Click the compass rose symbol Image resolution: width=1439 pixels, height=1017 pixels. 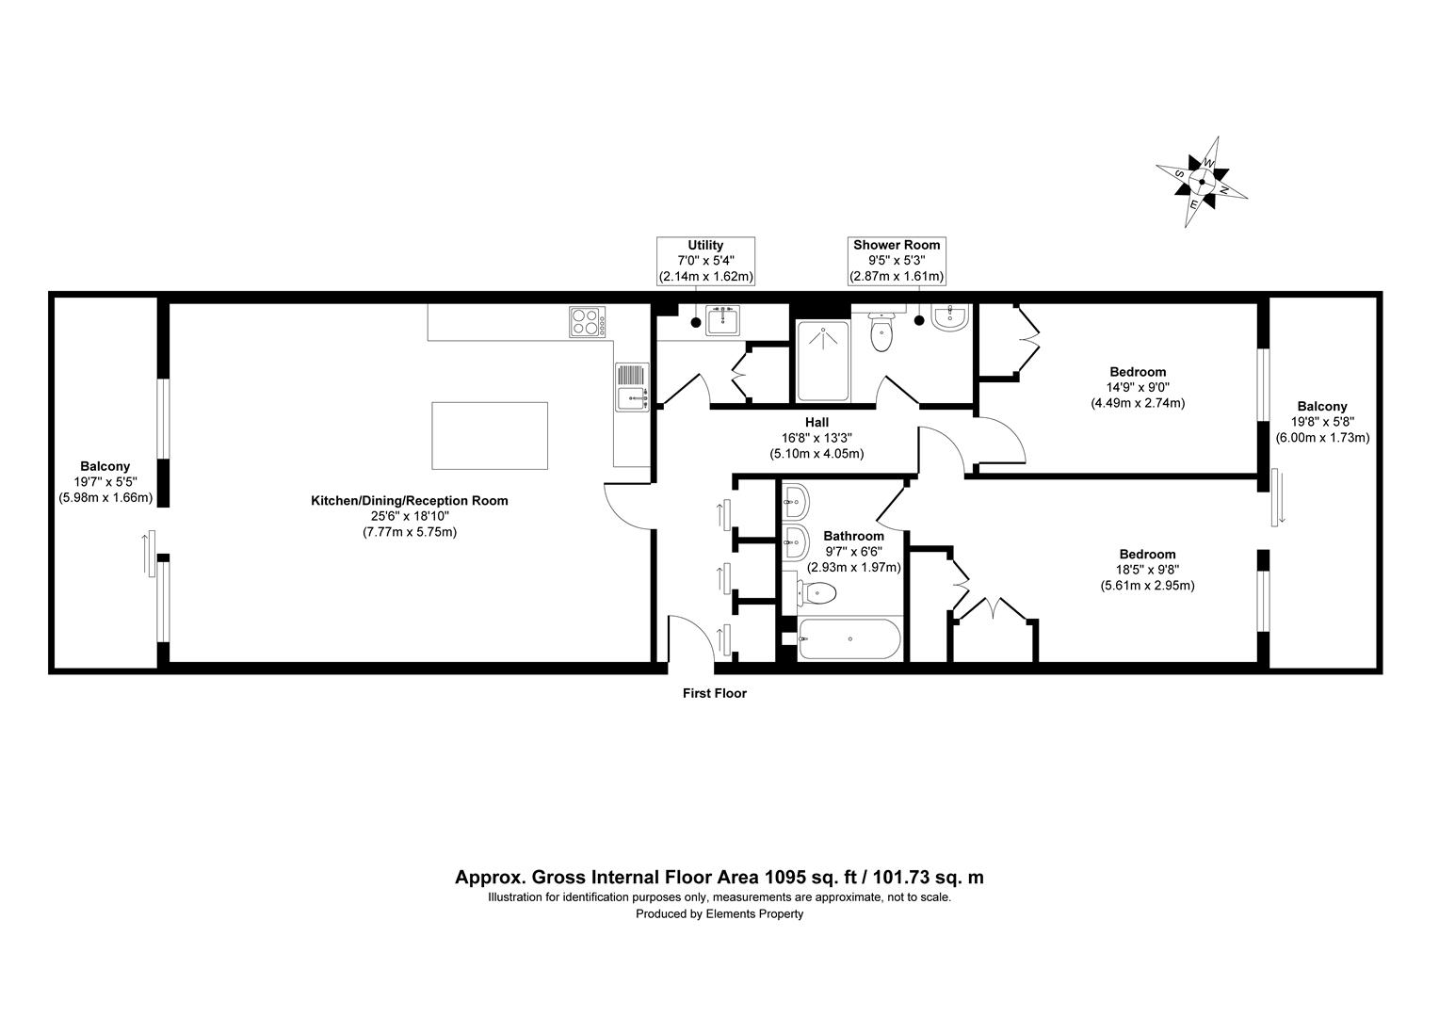click(x=1202, y=182)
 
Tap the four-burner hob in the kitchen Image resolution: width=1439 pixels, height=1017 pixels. click(x=586, y=323)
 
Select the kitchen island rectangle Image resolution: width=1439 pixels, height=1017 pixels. click(x=489, y=435)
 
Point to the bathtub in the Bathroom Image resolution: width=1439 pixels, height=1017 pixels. click(x=849, y=639)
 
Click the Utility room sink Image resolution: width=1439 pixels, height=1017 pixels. click(x=723, y=321)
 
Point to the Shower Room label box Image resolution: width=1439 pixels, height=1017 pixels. click(x=897, y=261)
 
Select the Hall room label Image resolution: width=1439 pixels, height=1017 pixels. click(x=817, y=422)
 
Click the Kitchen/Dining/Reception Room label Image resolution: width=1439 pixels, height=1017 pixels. click(x=410, y=501)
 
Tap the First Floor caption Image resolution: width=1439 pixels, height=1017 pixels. click(x=714, y=694)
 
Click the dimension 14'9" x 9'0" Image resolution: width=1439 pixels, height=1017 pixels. click(x=1137, y=387)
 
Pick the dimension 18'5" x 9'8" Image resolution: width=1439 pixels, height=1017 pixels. click(x=1147, y=570)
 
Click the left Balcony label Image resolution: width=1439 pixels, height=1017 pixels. click(x=105, y=466)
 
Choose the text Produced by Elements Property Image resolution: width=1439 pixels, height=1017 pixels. click(x=719, y=913)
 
